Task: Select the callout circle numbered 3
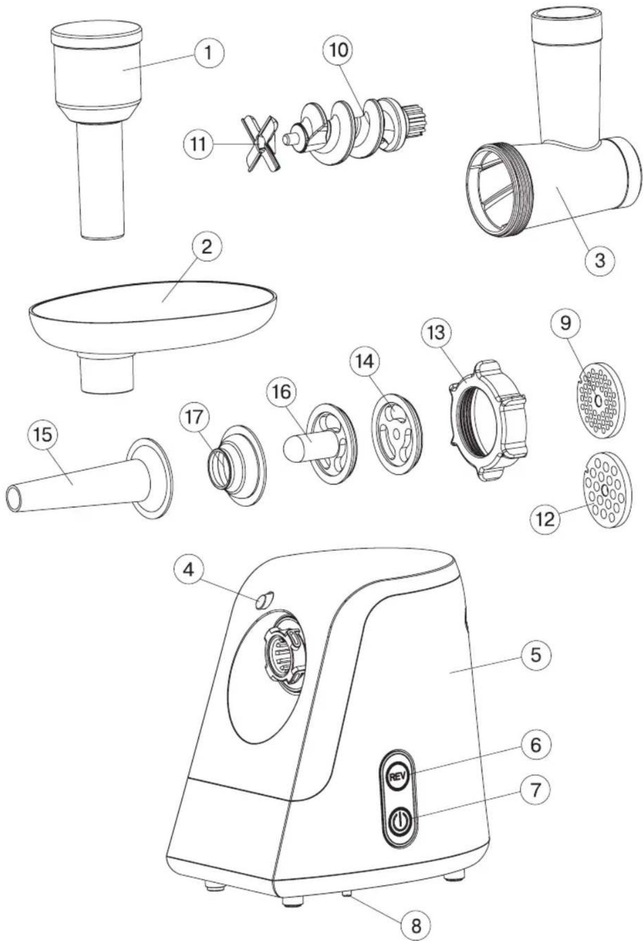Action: click(599, 259)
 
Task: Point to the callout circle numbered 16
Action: click(281, 392)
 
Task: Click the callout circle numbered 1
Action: click(208, 54)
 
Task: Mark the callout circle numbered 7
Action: click(535, 790)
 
